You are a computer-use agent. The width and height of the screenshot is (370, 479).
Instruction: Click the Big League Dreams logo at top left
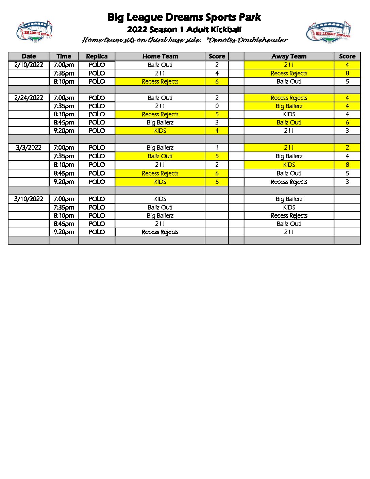pyautogui.click(x=34, y=32)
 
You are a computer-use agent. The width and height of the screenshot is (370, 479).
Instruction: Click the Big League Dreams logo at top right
pyautogui.click(x=329, y=33)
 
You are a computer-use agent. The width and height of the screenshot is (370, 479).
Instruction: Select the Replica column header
pyautogui.click(x=97, y=56)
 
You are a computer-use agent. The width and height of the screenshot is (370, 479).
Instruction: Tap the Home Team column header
pyautogui.click(x=160, y=56)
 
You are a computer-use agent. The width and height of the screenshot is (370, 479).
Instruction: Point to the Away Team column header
pyautogui.click(x=289, y=56)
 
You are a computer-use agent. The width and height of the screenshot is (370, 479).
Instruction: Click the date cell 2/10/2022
pyautogui.click(x=29, y=65)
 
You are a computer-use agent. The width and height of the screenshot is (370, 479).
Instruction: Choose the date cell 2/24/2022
pyautogui.click(x=29, y=98)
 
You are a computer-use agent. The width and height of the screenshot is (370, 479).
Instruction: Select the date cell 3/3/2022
pyautogui.click(x=29, y=148)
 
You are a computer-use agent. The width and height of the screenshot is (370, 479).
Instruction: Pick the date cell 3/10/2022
pyautogui.click(x=29, y=199)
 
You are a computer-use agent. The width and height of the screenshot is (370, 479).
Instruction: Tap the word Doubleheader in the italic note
pyautogui.click(x=263, y=40)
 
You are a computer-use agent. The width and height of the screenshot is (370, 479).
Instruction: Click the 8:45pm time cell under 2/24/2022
pyautogui.click(x=64, y=122)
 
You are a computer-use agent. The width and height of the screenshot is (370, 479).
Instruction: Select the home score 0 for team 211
pyautogui.click(x=217, y=106)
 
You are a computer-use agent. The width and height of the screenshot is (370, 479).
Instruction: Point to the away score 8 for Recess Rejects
pyautogui.click(x=347, y=73)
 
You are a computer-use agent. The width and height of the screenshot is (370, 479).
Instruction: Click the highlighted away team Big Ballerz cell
pyautogui.click(x=289, y=106)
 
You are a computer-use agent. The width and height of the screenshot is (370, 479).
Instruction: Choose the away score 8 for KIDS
pyautogui.click(x=347, y=165)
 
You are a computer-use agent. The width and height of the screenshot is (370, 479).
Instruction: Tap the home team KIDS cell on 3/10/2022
pyautogui.click(x=160, y=199)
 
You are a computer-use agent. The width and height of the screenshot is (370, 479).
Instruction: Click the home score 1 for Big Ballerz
pyautogui.click(x=217, y=148)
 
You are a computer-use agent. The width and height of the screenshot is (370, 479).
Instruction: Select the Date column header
pyautogui.click(x=29, y=56)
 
